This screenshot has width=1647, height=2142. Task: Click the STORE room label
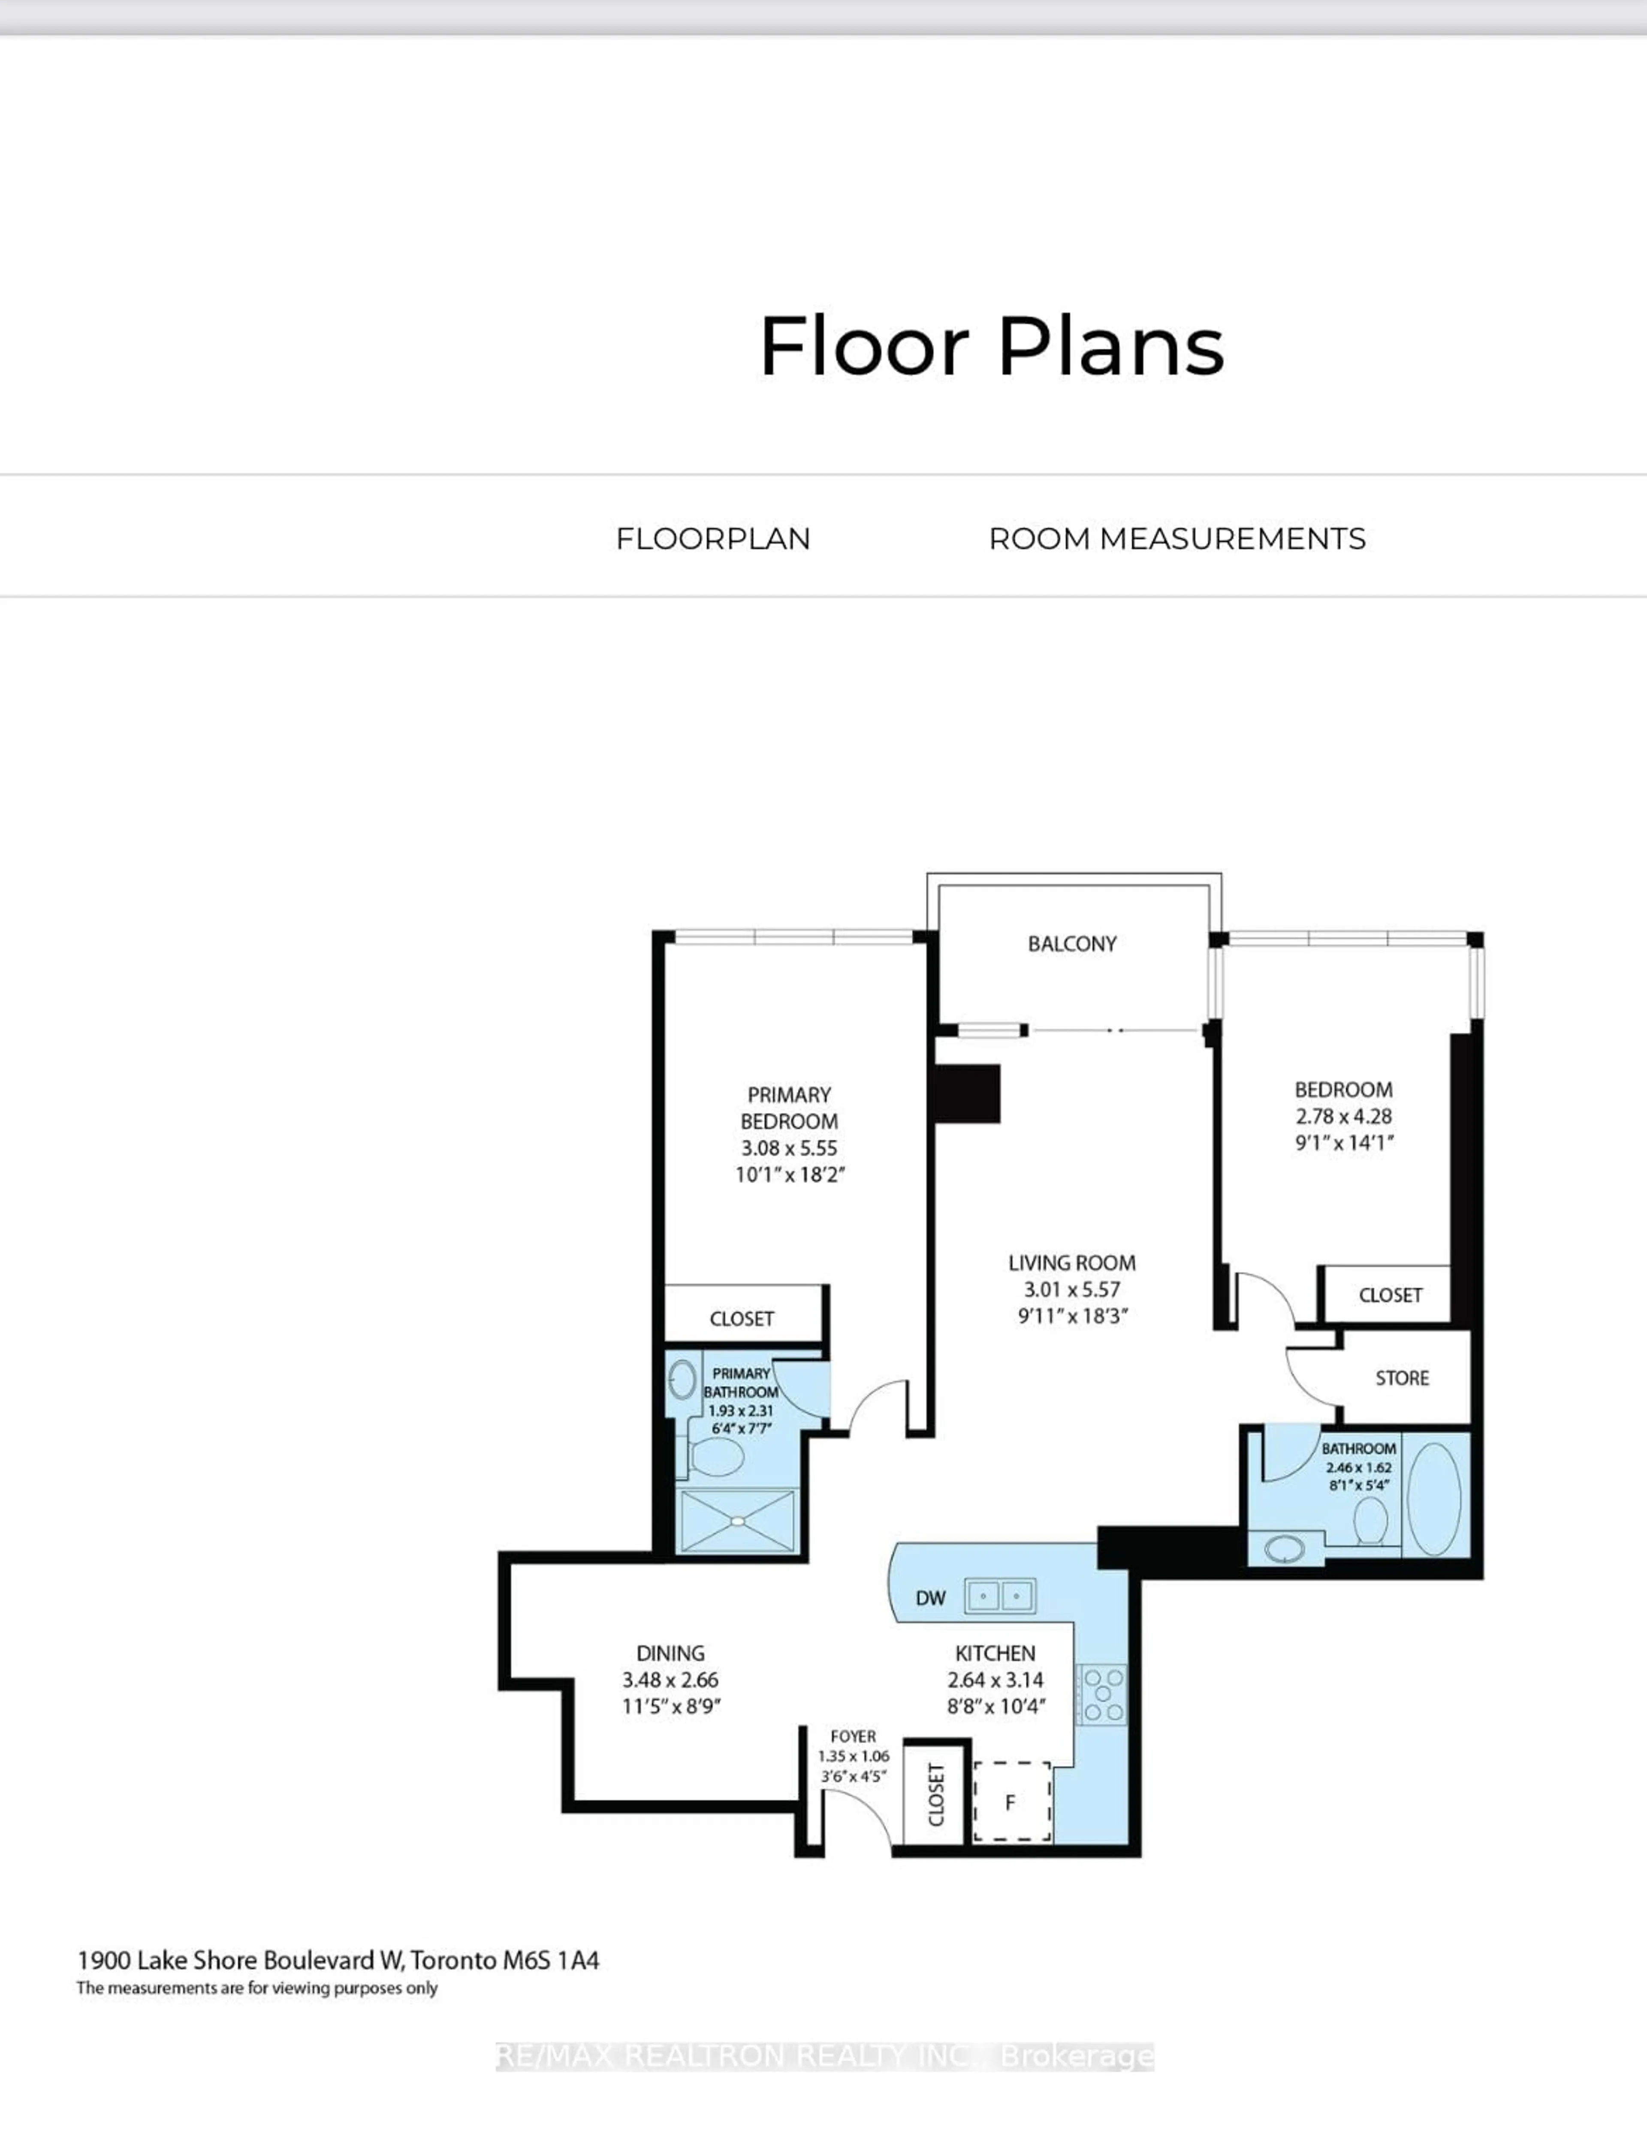1402,1378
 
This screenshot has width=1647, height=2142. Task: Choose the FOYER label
852,1736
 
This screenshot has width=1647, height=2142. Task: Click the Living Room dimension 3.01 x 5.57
1071,1289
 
